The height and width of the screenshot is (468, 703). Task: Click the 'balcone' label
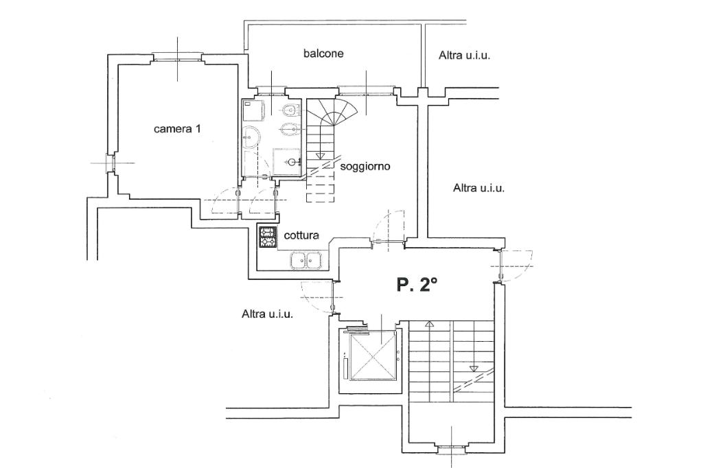tap(323, 54)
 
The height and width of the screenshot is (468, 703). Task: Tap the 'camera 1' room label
tap(177, 129)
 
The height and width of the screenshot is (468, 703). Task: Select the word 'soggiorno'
tap(365, 167)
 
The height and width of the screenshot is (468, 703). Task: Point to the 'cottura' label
tap(301, 235)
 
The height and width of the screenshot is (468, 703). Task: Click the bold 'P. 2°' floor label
tap(417, 285)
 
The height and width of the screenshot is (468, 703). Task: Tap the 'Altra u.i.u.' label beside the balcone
tap(464, 56)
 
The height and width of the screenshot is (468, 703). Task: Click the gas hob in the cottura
tap(268, 237)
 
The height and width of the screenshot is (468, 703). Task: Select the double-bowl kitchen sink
tap(306, 261)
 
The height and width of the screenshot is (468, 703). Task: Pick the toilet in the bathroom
tap(290, 108)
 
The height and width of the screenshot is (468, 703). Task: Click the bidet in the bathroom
tap(288, 128)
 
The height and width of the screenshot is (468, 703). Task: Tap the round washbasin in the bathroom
tap(250, 137)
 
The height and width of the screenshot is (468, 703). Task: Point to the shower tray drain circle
tap(292, 162)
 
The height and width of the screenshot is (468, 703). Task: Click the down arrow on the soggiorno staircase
tap(320, 156)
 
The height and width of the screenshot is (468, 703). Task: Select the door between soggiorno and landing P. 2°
tap(389, 227)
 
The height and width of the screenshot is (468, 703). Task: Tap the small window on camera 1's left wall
tap(108, 163)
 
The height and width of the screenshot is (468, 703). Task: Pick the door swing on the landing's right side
tap(516, 266)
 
